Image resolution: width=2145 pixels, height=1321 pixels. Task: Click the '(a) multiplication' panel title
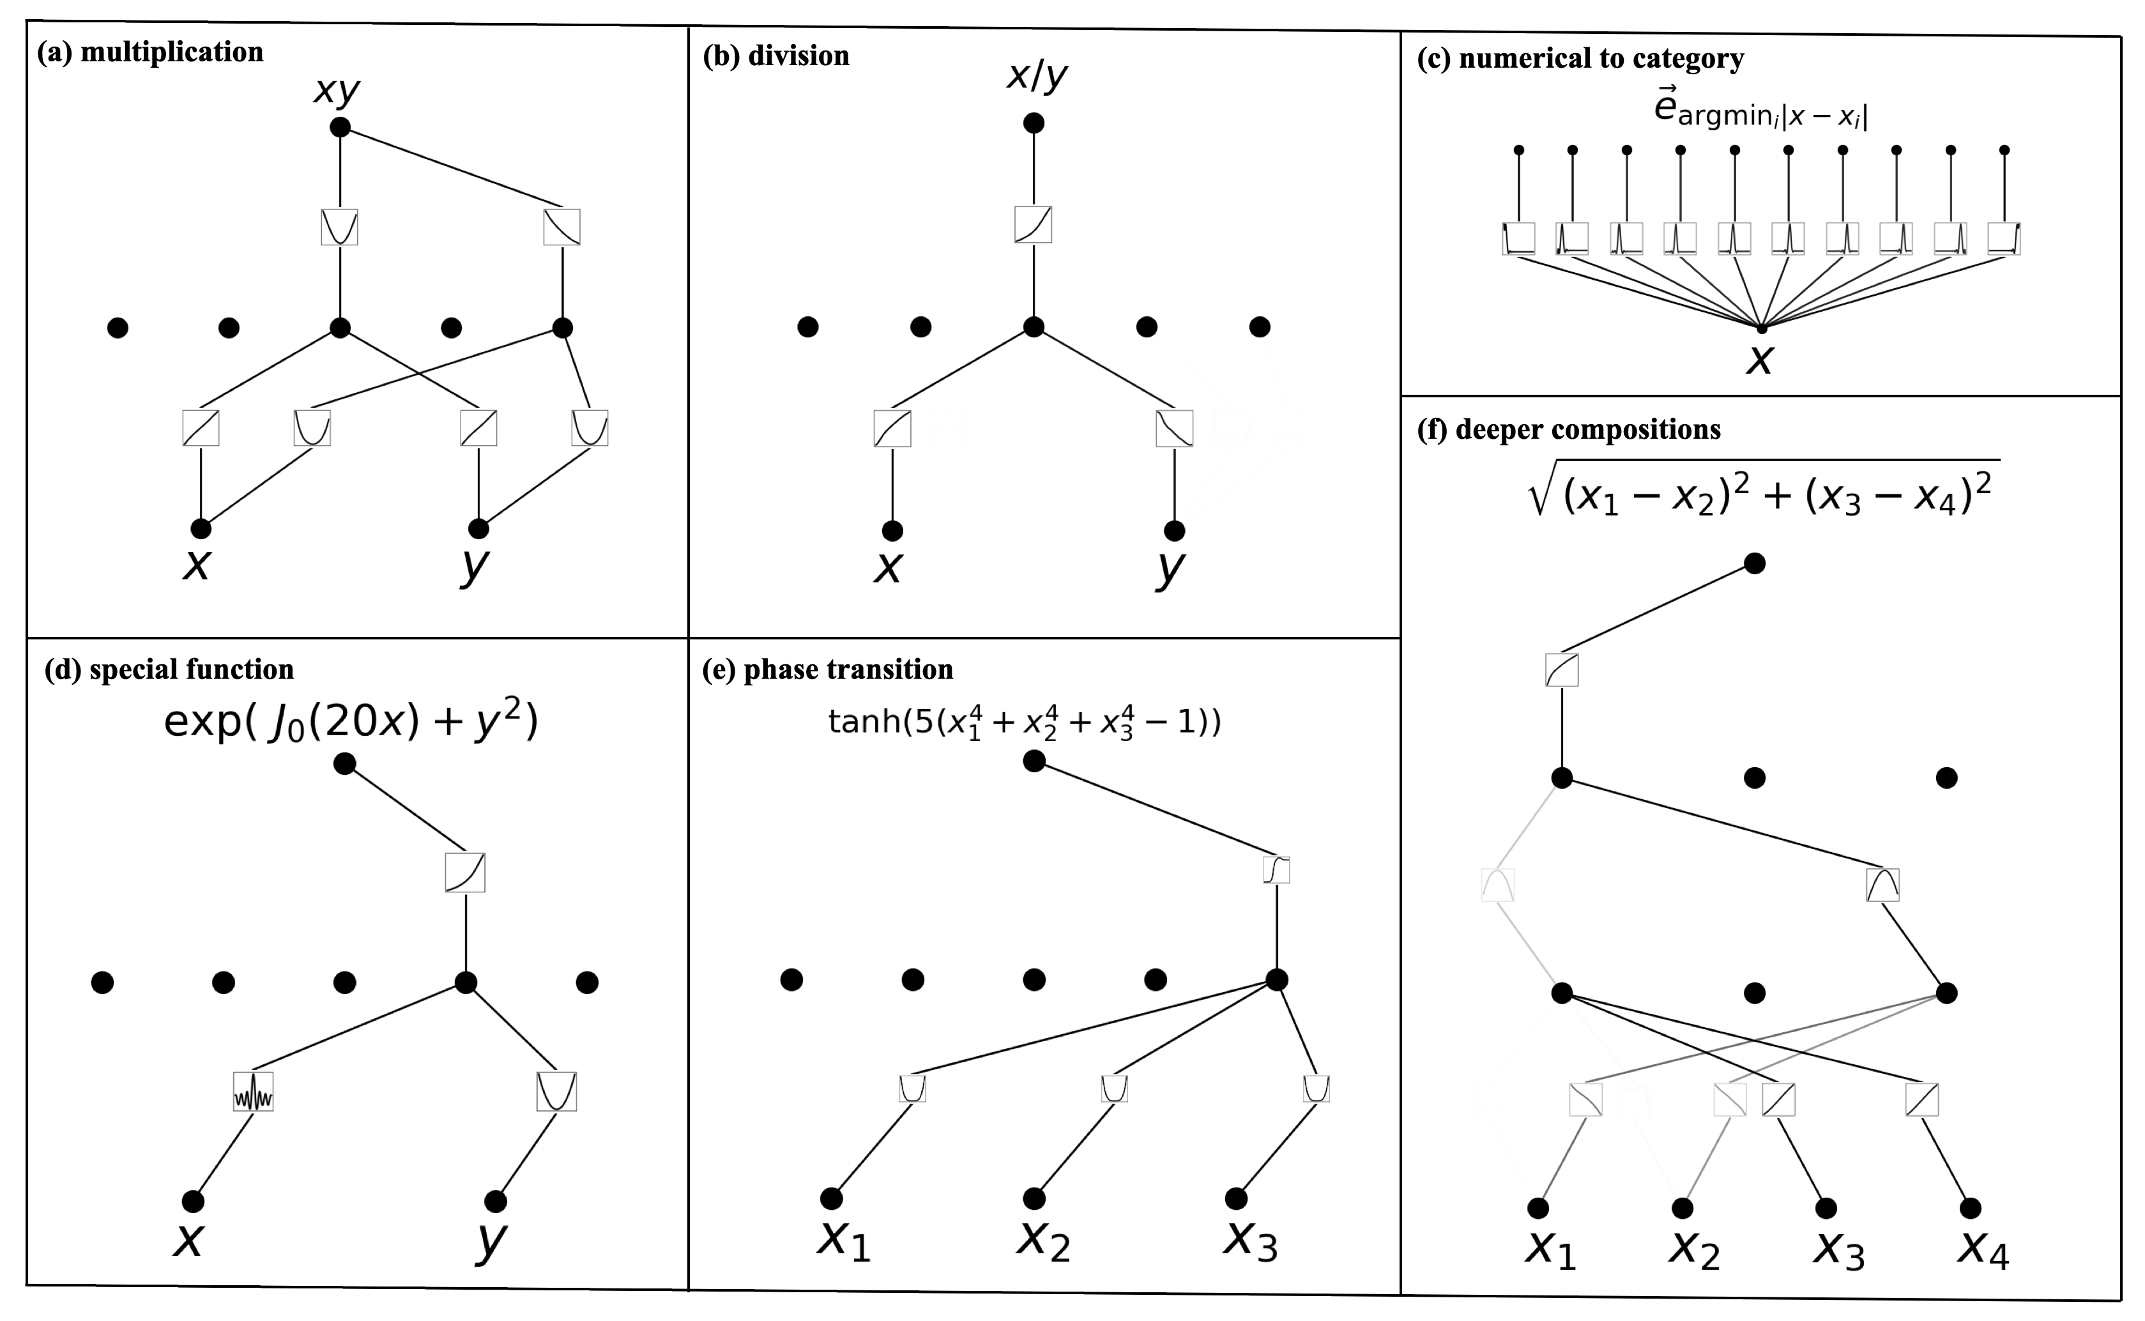(149, 52)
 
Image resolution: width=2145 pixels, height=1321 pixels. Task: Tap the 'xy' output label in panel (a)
(337, 91)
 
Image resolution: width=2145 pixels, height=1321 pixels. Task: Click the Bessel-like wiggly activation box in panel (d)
(254, 1091)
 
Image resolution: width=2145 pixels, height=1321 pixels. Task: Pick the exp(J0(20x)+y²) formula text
(351, 722)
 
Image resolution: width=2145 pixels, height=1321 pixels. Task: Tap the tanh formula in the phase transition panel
(1024, 722)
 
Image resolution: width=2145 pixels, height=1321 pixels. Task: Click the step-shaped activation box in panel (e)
(1276, 870)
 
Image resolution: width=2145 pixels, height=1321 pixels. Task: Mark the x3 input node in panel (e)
(1236, 1197)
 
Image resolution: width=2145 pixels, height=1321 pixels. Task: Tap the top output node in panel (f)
(1755, 563)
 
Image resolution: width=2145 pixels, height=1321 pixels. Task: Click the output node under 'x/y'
(1034, 123)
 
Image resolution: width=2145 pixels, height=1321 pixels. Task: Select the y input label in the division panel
(1171, 566)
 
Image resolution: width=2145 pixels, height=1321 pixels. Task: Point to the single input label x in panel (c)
(1760, 359)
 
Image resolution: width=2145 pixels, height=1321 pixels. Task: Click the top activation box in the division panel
(1033, 225)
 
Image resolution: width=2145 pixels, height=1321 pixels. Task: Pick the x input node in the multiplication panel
(201, 528)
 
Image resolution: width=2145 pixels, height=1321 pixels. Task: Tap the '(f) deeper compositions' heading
(1568, 430)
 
